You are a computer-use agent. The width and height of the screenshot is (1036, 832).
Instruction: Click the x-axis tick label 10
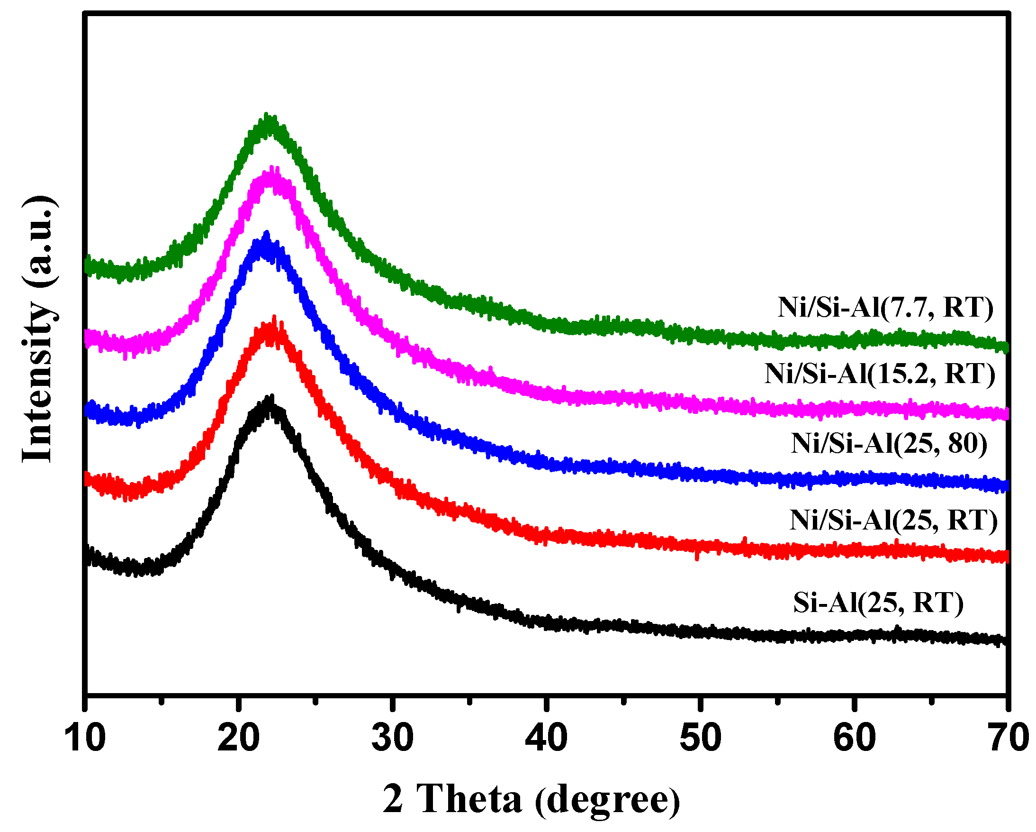85,738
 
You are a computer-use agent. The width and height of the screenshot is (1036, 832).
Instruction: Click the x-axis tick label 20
238,738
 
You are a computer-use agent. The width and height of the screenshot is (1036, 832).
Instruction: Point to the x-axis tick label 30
393,738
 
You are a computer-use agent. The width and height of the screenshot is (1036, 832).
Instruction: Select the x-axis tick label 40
546,738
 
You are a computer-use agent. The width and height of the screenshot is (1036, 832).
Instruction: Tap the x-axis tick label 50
701,738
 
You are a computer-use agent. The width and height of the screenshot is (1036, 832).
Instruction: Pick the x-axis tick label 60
855,738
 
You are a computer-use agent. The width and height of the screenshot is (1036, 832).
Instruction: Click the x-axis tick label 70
1008,738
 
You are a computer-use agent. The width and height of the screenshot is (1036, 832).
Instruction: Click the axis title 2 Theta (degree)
532,799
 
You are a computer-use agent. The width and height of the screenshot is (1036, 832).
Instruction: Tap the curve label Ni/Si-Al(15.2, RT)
880,374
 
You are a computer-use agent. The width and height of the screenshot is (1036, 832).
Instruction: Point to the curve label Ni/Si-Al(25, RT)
893,520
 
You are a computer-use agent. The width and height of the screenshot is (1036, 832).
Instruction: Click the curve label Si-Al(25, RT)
878,603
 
